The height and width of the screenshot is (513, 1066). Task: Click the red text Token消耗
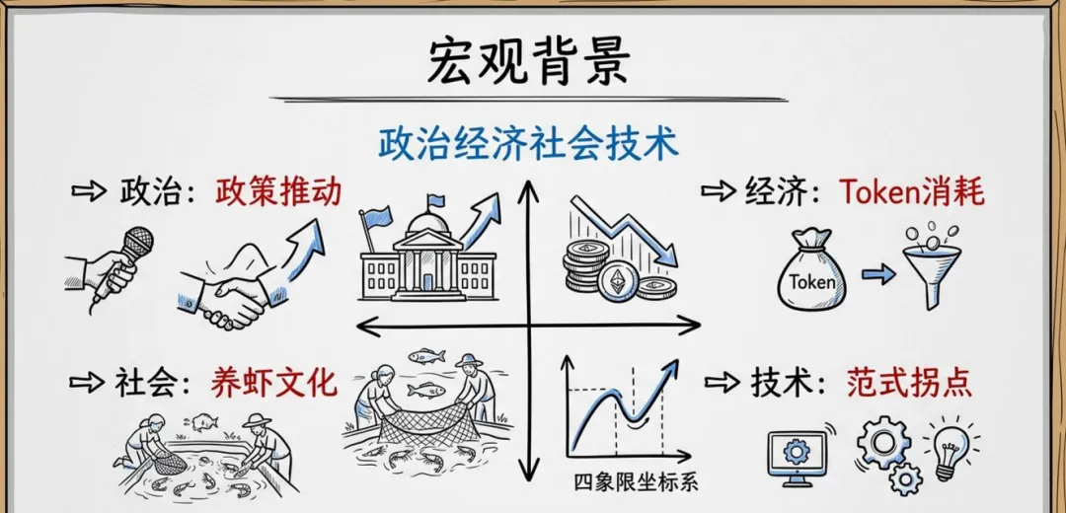tap(912, 191)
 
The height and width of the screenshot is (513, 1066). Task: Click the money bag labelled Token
tap(811, 270)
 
